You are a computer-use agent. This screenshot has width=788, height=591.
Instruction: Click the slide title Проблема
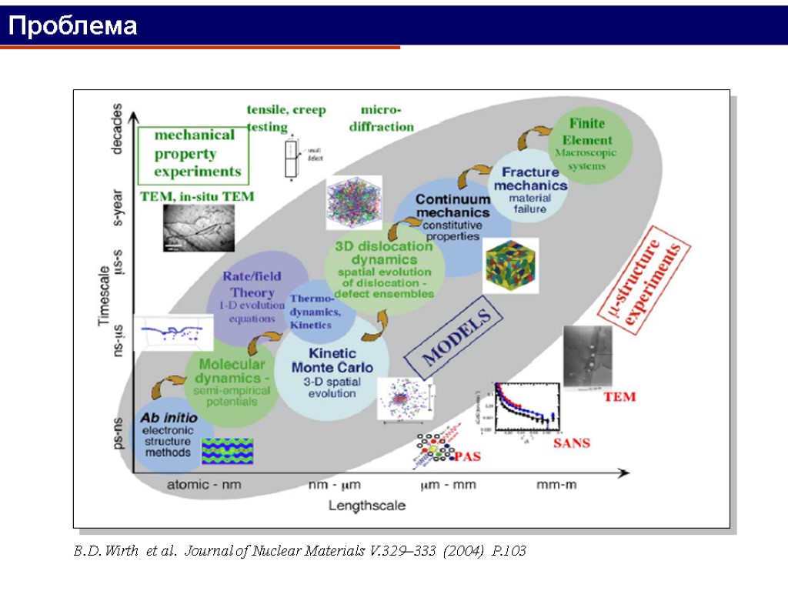[x=73, y=26]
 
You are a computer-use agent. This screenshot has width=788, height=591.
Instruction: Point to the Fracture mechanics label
[x=530, y=179]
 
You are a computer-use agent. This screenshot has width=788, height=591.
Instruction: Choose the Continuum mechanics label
[x=452, y=205]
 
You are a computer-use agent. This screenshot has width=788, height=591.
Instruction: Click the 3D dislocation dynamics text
[x=384, y=253]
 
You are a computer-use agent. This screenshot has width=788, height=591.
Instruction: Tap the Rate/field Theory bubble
[x=252, y=285]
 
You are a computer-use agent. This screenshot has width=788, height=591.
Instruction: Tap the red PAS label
[x=467, y=457]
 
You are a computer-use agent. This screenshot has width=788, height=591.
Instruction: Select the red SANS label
[x=572, y=442]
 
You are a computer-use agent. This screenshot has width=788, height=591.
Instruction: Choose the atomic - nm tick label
[x=203, y=486]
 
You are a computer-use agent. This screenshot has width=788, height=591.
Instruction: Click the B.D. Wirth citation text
[x=300, y=551]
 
